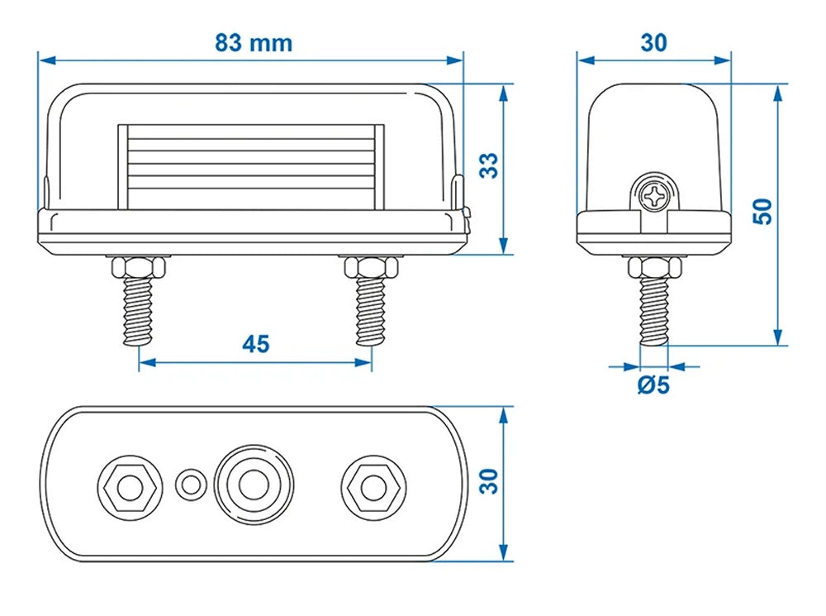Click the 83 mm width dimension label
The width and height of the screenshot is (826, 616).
click(x=254, y=43)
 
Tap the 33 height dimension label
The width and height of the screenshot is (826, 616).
click(x=490, y=165)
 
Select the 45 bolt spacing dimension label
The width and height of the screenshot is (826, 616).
click(x=256, y=344)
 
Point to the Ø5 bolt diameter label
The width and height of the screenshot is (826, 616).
click(x=653, y=384)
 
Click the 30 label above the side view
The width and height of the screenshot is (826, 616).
click(x=654, y=43)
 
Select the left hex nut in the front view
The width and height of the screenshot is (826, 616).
click(x=138, y=267)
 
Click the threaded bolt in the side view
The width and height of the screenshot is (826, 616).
click(x=655, y=313)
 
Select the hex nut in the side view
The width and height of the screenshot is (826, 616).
click(x=655, y=267)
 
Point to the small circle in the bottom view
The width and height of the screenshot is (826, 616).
click(x=191, y=483)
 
